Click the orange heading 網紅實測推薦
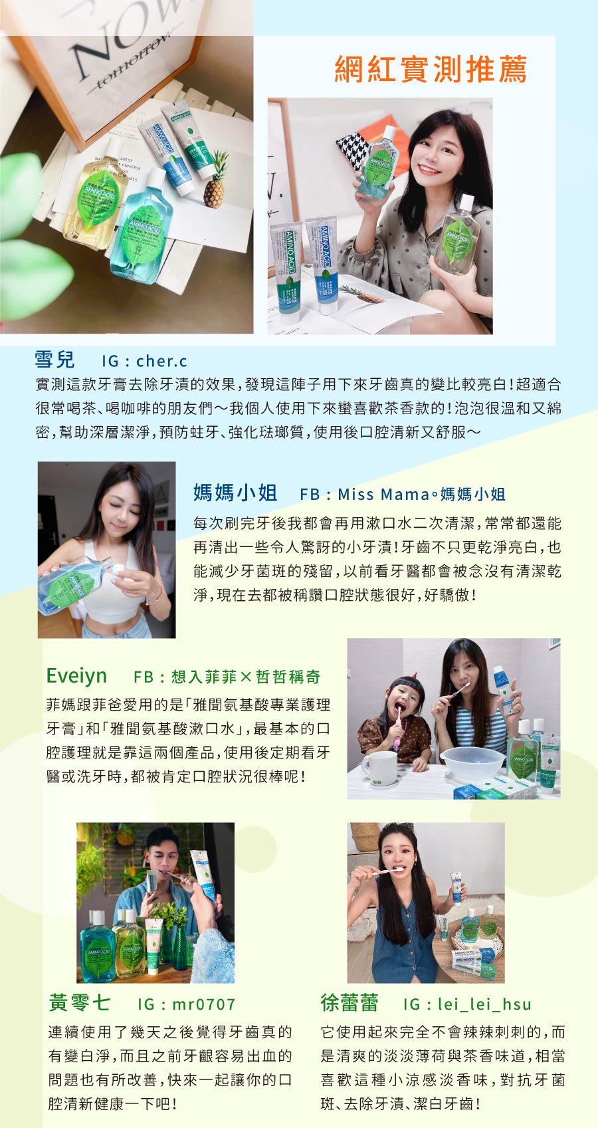431,70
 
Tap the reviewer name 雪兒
54,360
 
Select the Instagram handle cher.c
161,361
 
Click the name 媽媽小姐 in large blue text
235,493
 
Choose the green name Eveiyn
76,676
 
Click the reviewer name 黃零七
79,1002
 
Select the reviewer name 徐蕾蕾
349,1002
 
